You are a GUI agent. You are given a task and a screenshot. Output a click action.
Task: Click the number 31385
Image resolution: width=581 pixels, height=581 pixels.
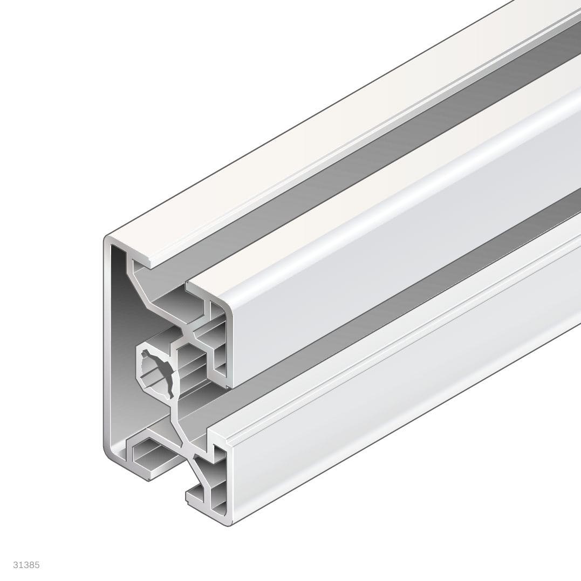[26, 565]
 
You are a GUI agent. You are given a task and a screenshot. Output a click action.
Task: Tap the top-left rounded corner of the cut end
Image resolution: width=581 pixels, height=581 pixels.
[108, 241]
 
